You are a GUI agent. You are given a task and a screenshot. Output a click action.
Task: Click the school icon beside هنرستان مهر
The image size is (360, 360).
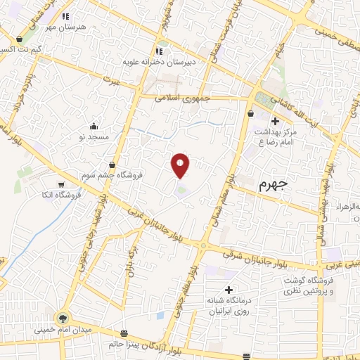pos(65,16)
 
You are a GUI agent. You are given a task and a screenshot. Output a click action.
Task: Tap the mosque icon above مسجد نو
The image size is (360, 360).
pos(94,127)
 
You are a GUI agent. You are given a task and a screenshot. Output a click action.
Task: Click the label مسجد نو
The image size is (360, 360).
pos(94,137)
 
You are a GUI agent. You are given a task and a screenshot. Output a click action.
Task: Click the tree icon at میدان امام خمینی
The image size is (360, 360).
pos(63,318)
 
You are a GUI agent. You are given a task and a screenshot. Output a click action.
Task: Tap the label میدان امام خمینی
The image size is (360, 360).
pos(63,329)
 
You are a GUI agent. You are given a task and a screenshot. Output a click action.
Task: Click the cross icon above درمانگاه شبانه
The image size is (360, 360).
pos(228,290)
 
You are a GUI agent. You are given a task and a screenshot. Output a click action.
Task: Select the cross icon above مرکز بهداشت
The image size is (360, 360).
pos(275,122)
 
